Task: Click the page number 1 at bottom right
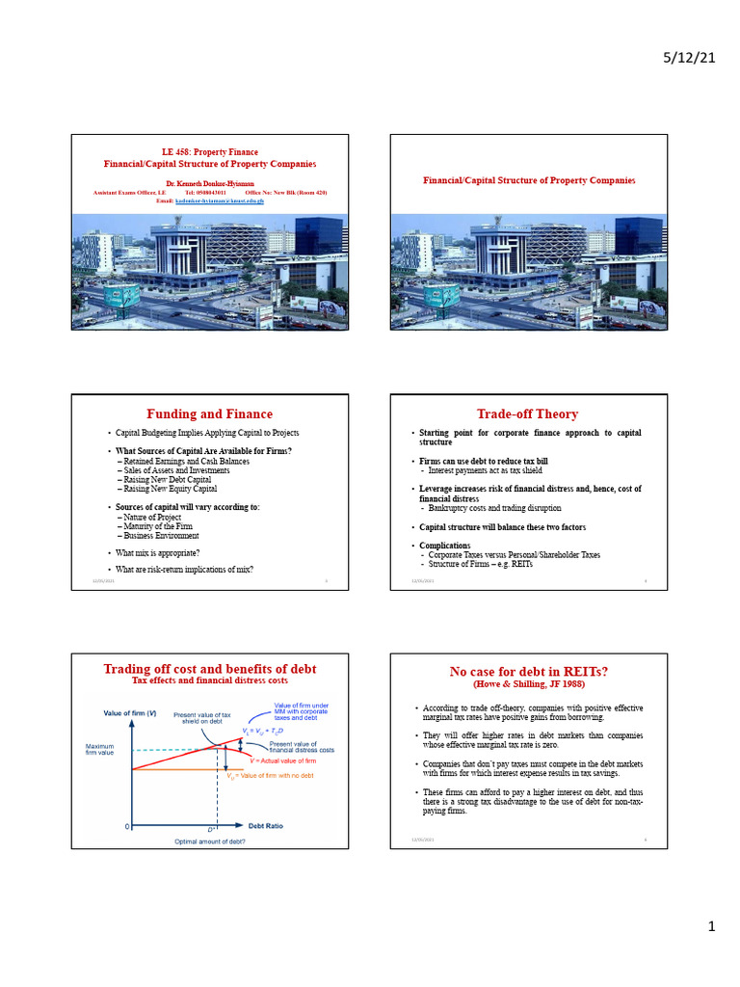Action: point(712,927)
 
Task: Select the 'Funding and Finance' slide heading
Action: point(209,414)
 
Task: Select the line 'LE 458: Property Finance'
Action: point(209,153)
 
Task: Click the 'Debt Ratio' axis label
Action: point(266,826)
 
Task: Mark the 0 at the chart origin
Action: point(127,826)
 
